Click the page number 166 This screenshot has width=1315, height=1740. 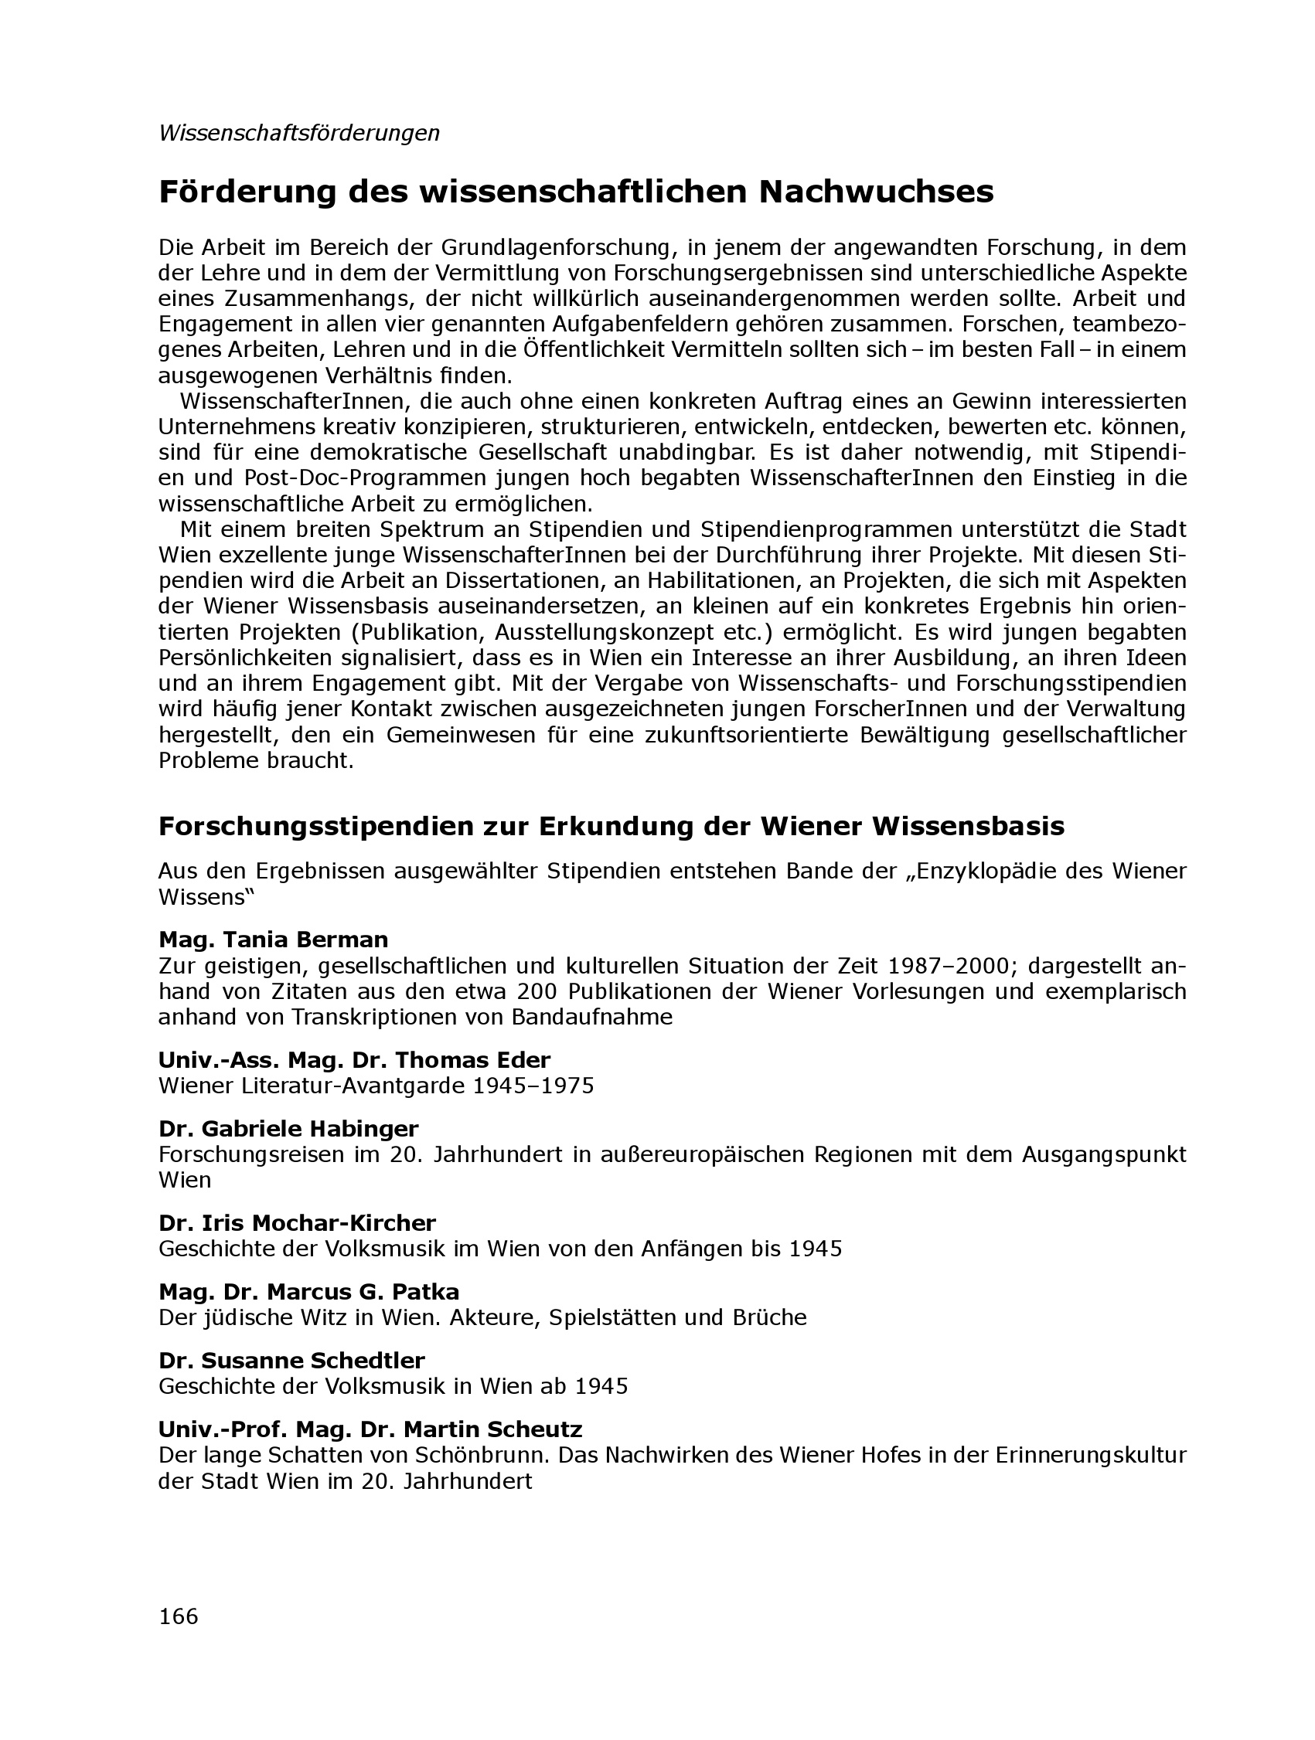click(x=179, y=1616)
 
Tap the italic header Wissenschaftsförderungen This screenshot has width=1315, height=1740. click(x=299, y=133)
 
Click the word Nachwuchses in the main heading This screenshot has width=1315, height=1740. click(x=876, y=192)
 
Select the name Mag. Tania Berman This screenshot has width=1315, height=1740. click(x=273, y=940)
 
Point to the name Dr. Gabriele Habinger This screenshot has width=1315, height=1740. click(x=288, y=1129)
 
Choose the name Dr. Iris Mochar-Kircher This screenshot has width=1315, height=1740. click(x=297, y=1223)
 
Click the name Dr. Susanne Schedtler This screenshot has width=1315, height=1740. click(x=291, y=1360)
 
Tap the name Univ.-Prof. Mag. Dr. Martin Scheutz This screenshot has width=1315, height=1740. click(x=370, y=1429)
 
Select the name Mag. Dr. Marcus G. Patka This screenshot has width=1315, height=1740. click(x=308, y=1292)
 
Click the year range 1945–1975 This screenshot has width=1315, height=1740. click(x=533, y=1086)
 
